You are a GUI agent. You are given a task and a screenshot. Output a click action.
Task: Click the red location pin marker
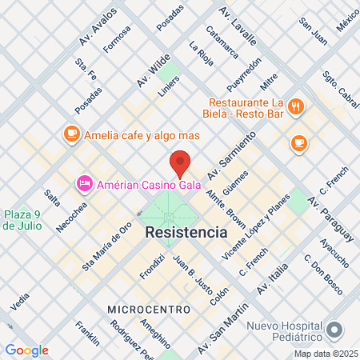(180, 162)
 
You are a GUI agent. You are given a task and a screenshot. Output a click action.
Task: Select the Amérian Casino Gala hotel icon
(83, 184)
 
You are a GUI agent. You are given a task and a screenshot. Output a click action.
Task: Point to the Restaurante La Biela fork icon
(295, 106)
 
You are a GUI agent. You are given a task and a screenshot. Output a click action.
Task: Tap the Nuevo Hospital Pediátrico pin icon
(334, 329)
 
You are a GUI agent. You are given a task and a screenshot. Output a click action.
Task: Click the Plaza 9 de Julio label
(20, 219)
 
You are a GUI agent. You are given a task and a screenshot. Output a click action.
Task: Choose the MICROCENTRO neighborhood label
(149, 309)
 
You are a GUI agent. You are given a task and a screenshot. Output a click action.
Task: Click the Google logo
(26, 350)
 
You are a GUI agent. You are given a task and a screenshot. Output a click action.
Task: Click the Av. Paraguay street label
(330, 219)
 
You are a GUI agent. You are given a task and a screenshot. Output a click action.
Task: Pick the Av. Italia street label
(271, 279)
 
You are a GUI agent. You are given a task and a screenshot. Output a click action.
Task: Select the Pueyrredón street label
(244, 75)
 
